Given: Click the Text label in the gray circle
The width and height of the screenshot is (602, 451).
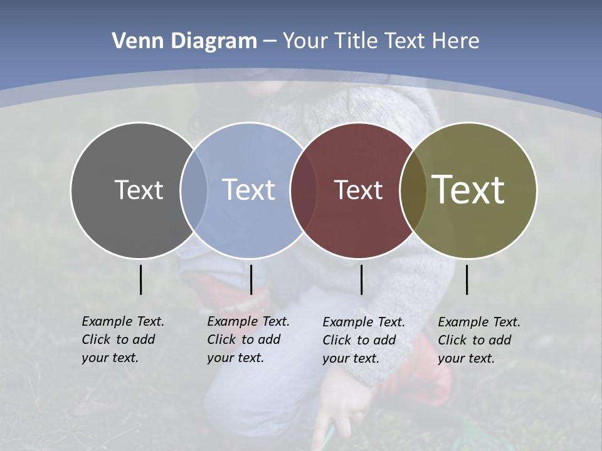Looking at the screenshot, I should pos(139,190).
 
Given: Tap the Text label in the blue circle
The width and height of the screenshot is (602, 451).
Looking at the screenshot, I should pos(248,190).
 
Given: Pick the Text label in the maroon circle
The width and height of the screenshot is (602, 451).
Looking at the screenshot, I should pos(358,190).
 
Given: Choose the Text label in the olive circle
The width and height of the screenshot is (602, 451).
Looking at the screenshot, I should pos(468,189).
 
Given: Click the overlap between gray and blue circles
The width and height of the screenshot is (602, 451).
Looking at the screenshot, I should pos(194,190).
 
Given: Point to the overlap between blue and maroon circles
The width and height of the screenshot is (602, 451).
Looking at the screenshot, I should pos(304,190).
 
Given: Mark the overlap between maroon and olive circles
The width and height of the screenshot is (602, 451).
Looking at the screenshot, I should pos(413,190).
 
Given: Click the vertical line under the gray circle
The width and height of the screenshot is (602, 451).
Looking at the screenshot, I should pos(140,279).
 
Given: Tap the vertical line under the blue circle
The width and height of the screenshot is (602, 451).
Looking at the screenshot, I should pos(251,279).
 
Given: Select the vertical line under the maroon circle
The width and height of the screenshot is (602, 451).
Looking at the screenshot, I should pos(361,279).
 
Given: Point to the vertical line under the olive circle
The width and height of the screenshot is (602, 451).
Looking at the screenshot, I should pos(467,279).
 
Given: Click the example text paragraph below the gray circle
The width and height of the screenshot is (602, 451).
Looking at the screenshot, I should pos(122,340).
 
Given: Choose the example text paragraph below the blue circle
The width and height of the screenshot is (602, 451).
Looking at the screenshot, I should pos(248,340).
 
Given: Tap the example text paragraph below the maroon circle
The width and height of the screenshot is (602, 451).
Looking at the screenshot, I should pos(363,340).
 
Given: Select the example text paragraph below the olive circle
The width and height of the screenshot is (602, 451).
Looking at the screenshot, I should pos(478,340).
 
